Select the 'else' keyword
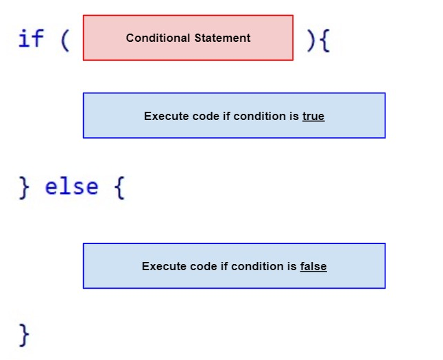click(71, 187)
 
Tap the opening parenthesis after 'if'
click(65, 40)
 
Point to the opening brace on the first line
click(324, 40)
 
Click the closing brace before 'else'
click(25, 187)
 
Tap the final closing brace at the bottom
click(25, 335)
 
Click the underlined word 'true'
click(313, 117)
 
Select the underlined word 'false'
click(313, 267)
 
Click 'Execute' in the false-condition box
click(163, 267)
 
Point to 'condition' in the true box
click(260, 117)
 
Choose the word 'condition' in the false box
click(258, 267)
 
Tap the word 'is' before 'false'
click(292, 267)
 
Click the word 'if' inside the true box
click(226, 117)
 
